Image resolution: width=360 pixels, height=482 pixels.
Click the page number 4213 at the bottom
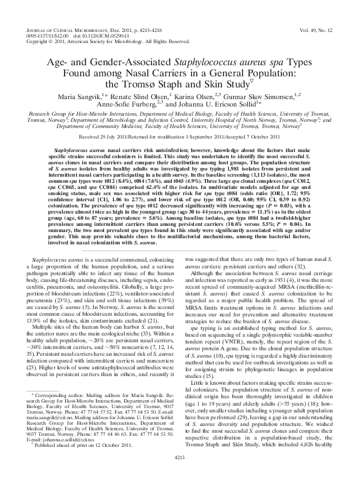[x=180, y=475]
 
